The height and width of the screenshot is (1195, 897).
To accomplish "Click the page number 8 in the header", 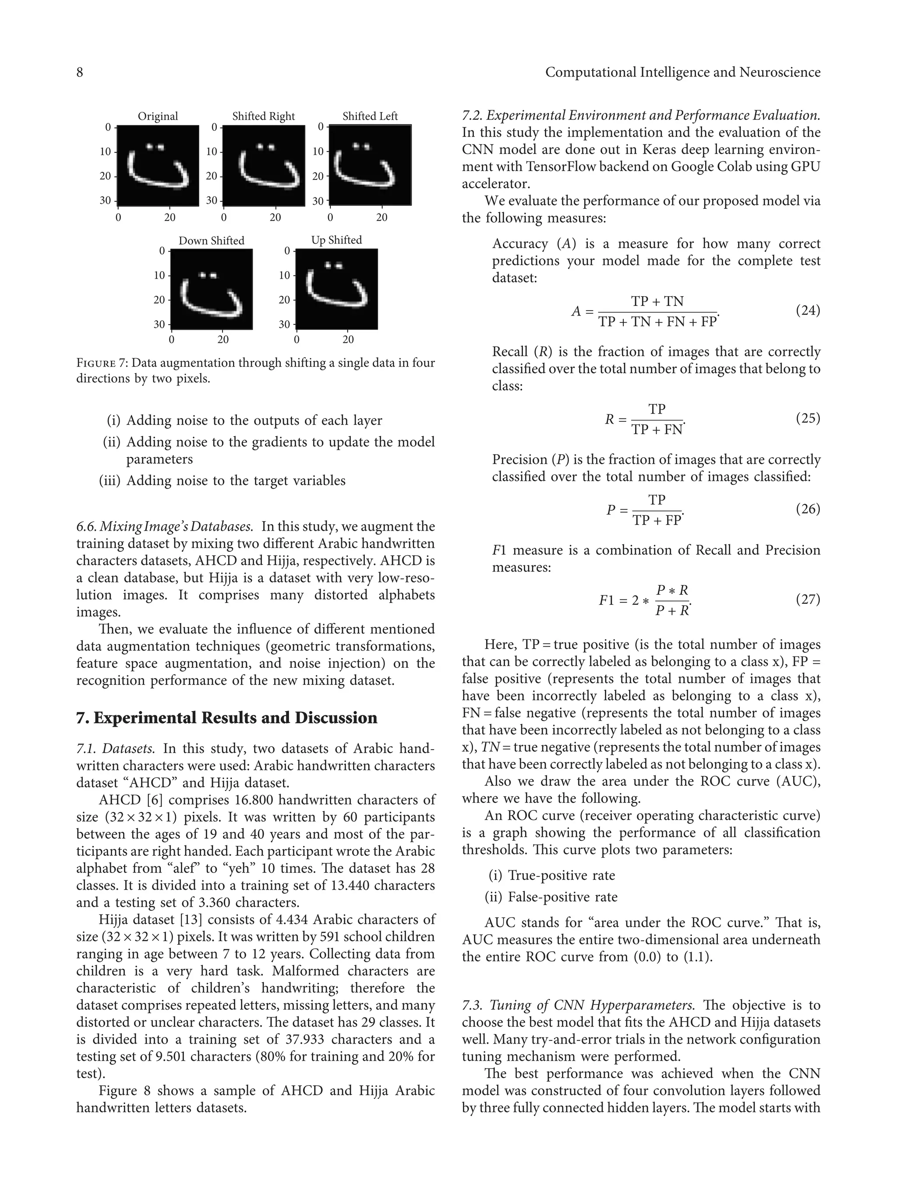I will pos(79,72).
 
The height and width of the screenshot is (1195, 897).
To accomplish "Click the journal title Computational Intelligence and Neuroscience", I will pos(682,72).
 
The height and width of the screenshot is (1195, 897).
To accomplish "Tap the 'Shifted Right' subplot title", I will pos(263,116).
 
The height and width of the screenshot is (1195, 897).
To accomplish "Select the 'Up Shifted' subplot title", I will pos(336,240).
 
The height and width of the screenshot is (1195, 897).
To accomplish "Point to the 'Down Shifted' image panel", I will pos(212,289).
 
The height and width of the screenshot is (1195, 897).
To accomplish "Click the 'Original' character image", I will pos(158,165).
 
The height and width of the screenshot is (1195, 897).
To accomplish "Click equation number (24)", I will pos(808,311).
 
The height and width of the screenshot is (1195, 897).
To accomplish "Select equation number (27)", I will pos(808,599).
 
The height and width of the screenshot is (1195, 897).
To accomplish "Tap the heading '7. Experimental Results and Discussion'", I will pos(226,718).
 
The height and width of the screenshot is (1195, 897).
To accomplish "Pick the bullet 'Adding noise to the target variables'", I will pos(236,480).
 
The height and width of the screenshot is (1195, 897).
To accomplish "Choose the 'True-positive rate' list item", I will pos(561,875).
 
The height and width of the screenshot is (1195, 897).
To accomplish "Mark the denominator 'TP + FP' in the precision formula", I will pos(657,520).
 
